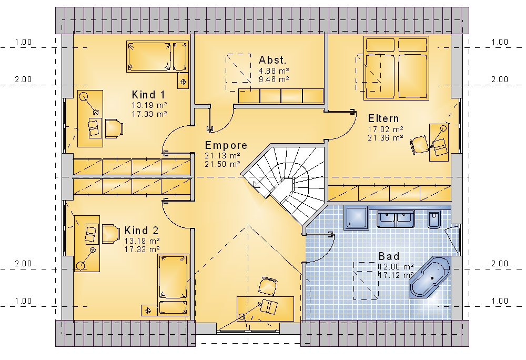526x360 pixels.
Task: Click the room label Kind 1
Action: click(x=148, y=95)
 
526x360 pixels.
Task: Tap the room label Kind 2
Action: click(x=141, y=231)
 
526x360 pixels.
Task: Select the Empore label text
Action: click(x=226, y=145)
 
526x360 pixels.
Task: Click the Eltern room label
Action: click(x=383, y=118)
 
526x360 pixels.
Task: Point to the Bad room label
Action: click(x=389, y=256)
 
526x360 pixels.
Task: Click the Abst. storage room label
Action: click(x=272, y=60)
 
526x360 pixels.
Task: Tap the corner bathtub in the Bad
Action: click(x=430, y=277)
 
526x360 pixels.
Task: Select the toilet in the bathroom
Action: click(x=434, y=219)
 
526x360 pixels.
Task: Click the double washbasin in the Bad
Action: click(x=396, y=219)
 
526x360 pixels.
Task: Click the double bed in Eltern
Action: click(x=396, y=68)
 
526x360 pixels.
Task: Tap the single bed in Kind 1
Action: click(x=157, y=57)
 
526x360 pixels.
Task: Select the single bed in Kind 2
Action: click(x=173, y=285)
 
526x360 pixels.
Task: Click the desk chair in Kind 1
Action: click(x=114, y=128)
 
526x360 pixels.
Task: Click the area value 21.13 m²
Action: click(x=222, y=156)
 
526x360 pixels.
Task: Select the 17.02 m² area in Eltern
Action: click(x=386, y=129)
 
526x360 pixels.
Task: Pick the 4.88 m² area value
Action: click(x=274, y=71)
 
